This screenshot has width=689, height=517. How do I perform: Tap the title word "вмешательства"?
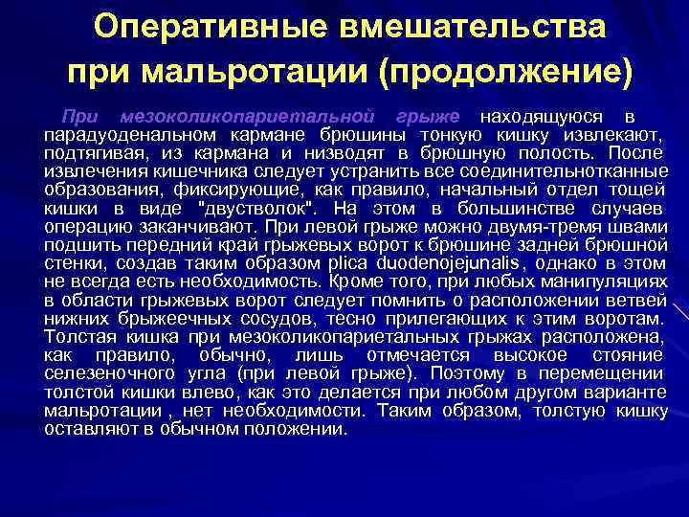(x=475, y=29)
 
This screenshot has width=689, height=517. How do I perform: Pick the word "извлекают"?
(x=618, y=134)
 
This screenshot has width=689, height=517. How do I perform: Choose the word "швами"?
(x=642, y=227)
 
